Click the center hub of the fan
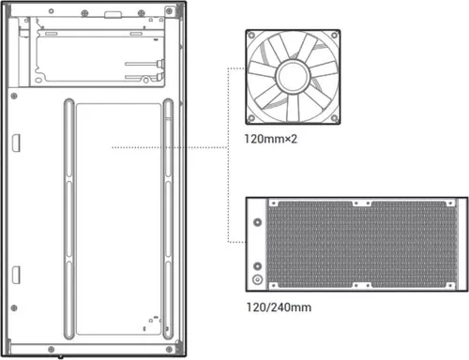292,76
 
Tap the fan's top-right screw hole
331,35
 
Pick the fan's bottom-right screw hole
331,117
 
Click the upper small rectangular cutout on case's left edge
16,140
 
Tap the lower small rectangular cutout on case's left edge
16,275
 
